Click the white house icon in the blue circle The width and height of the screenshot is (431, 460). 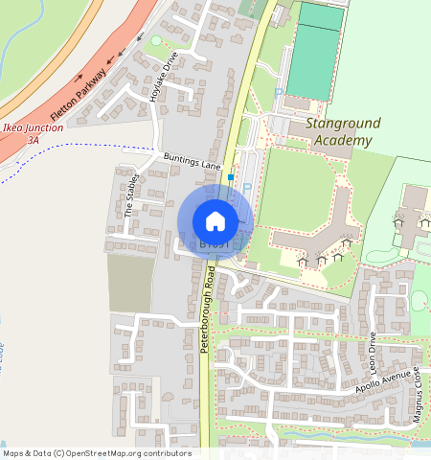point(215,221)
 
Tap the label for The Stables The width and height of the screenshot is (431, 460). point(132,195)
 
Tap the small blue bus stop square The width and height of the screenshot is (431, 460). point(231,176)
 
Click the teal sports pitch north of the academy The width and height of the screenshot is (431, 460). point(314,62)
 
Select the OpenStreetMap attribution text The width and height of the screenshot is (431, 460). point(97,453)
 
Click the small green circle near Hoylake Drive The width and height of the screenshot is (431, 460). point(156,40)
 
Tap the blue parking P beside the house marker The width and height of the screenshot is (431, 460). point(246,189)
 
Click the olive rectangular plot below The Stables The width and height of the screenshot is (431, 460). point(129,283)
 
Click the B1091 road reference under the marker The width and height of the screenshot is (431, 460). point(215,245)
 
